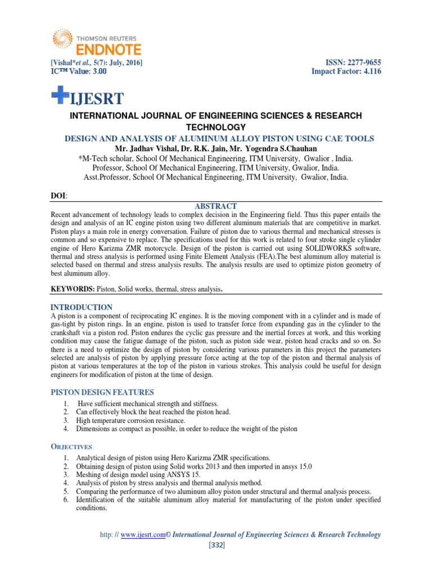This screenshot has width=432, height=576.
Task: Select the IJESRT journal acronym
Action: pos(97,100)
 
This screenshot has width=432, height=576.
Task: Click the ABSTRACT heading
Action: pos(215,206)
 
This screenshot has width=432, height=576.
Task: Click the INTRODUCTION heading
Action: pos(82,307)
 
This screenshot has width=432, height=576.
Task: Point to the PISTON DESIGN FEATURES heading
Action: pos(102,391)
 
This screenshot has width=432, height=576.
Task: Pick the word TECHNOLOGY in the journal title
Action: pos(215,127)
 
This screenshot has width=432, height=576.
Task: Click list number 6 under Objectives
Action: pos(66,499)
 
